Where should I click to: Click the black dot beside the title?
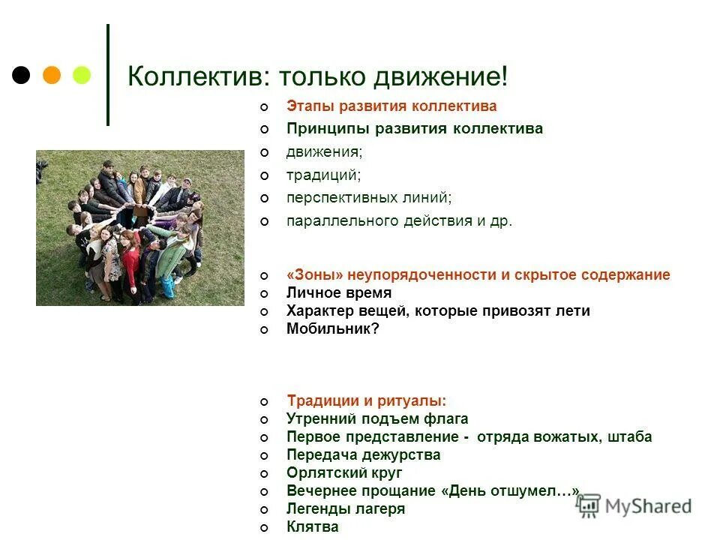click(22, 75)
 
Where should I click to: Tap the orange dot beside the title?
click(52, 75)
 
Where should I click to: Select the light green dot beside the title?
click(81, 75)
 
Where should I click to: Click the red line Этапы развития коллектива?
click(391, 106)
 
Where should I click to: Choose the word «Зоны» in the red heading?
click(310, 275)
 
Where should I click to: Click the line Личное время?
click(338, 293)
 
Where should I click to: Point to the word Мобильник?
click(333, 328)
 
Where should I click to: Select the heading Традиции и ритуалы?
click(366, 401)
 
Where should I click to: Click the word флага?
click(447, 419)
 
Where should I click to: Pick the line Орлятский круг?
click(344, 473)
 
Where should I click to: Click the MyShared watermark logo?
click(634, 506)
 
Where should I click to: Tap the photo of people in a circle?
click(140, 227)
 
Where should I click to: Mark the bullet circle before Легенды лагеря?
click(263, 510)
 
